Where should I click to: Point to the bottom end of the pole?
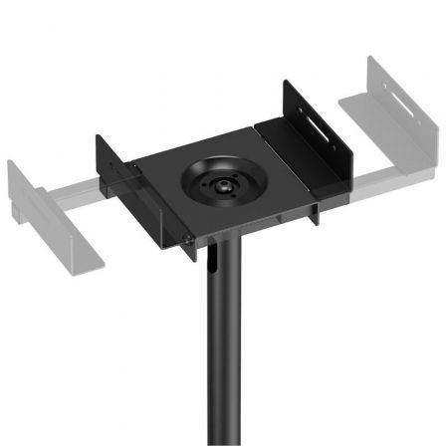coord(221,441)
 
